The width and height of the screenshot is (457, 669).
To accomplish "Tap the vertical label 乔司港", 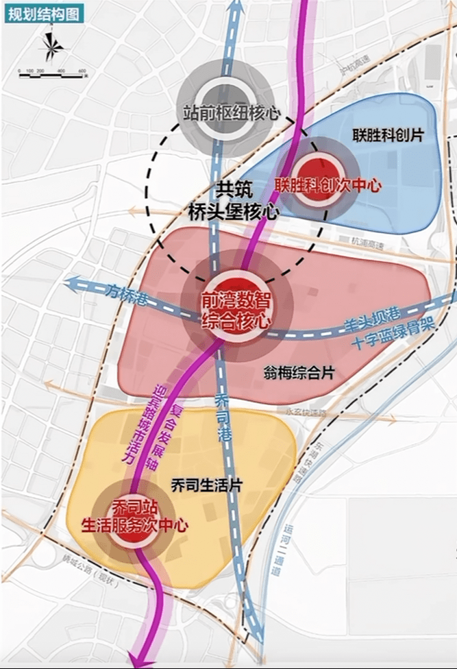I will click(224, 418).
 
